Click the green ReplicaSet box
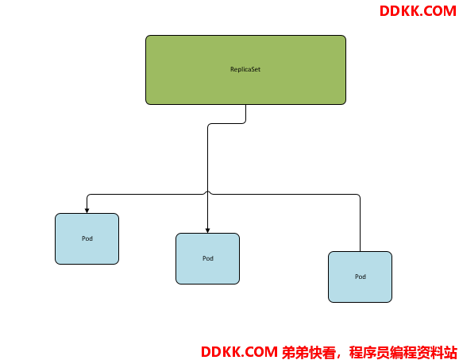point(245,70)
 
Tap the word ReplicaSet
point(245,69)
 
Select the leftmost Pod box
point(87,238)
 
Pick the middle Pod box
point(207,258)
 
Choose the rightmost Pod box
point(360,277)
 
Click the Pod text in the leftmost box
point(87,238)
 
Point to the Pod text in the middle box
point(208,258)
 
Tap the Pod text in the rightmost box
point(361,277)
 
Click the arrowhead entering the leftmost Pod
point(87,211)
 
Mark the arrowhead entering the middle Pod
point(207,230)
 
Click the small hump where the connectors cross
point(207,192)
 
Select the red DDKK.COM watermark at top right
point(418,11)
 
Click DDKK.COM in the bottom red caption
point(239,352)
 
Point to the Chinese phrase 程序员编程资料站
point(403,352)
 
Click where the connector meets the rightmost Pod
point(360,251)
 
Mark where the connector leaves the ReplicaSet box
point(245,105)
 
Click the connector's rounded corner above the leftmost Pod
point(89,195)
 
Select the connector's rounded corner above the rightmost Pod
point(358,195)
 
